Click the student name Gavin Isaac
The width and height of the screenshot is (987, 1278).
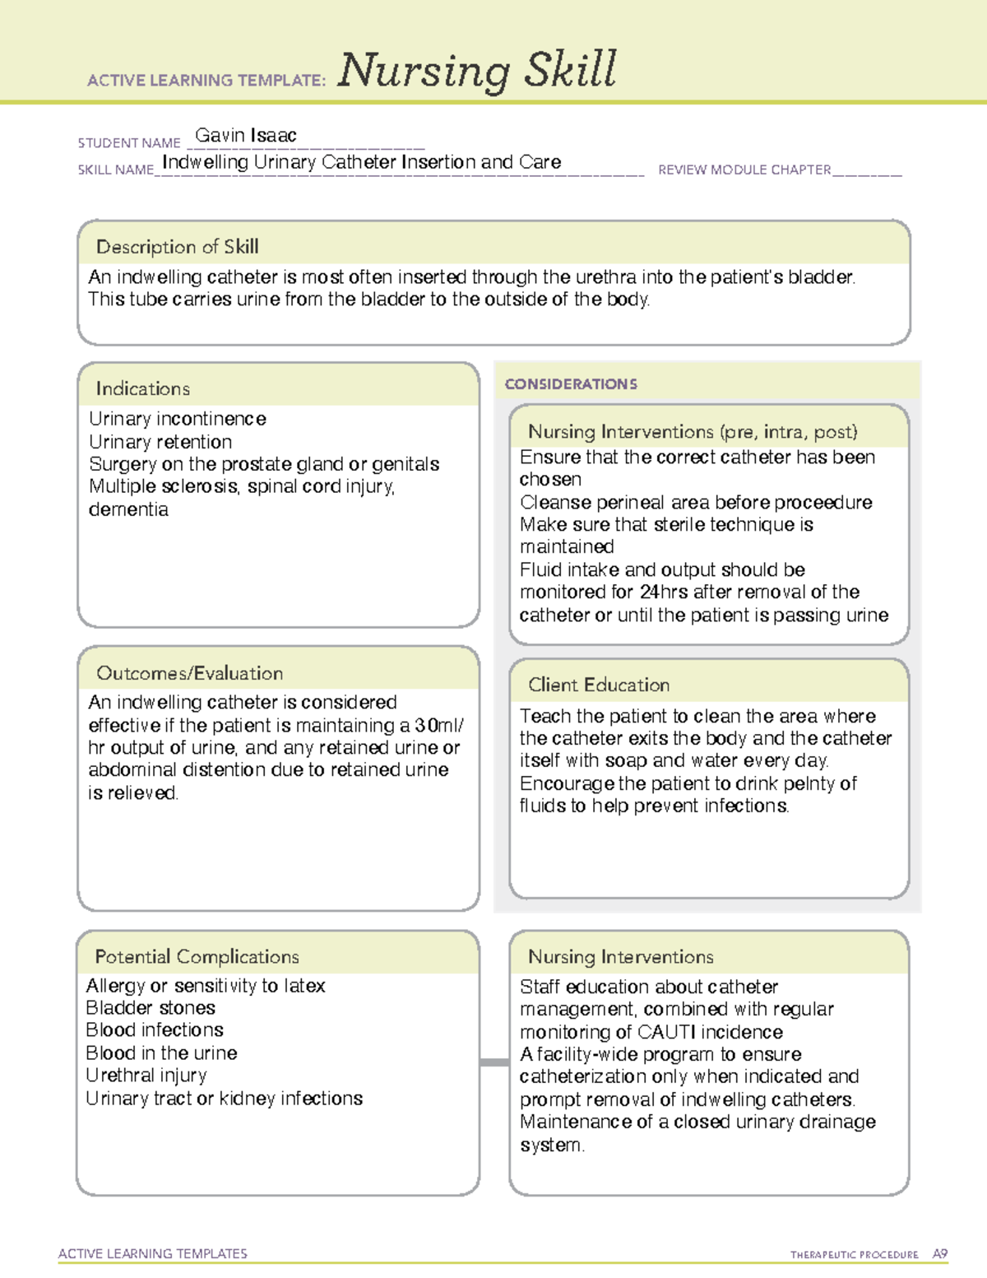246,136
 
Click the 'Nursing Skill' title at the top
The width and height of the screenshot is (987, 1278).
476,71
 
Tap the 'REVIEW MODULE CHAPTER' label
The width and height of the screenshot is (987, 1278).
744,170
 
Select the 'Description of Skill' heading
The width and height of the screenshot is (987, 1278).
177,247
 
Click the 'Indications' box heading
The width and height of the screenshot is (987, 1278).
142,388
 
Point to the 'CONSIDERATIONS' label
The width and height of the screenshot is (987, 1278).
571,384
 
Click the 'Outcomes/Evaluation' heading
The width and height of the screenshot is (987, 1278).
189,673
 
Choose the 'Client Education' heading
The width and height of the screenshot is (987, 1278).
599,685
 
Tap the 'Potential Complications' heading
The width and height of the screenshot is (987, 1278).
197,956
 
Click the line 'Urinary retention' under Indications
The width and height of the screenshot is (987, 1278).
160,442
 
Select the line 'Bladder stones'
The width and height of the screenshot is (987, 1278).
151,1008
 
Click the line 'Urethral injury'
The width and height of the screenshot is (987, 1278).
146,1076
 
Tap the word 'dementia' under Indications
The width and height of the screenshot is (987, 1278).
128,509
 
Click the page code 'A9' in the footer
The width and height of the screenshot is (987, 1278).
940,1254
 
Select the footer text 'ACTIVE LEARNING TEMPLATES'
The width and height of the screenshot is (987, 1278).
153,1253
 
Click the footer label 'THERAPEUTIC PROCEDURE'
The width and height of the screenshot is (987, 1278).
855,1255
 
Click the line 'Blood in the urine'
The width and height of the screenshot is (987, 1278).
161,1053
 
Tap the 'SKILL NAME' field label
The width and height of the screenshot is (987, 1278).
116,170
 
